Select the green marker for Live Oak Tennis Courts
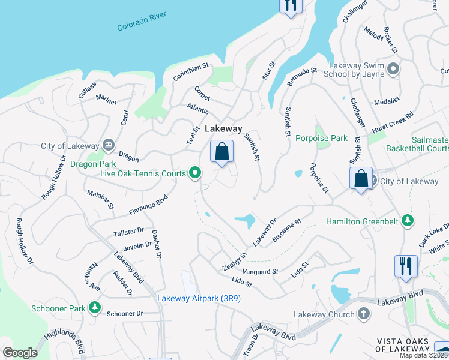pos(194,174)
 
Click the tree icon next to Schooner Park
pos(94,308)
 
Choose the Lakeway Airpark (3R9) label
pos(199,298)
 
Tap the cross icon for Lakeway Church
pos(363,314)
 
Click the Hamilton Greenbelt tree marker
pos(408,221)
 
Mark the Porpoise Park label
pos(321,139)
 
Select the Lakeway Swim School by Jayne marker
pos(394,70)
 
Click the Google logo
pos(20,353)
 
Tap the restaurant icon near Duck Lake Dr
pos(406,265)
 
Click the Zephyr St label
pos(235,263)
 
